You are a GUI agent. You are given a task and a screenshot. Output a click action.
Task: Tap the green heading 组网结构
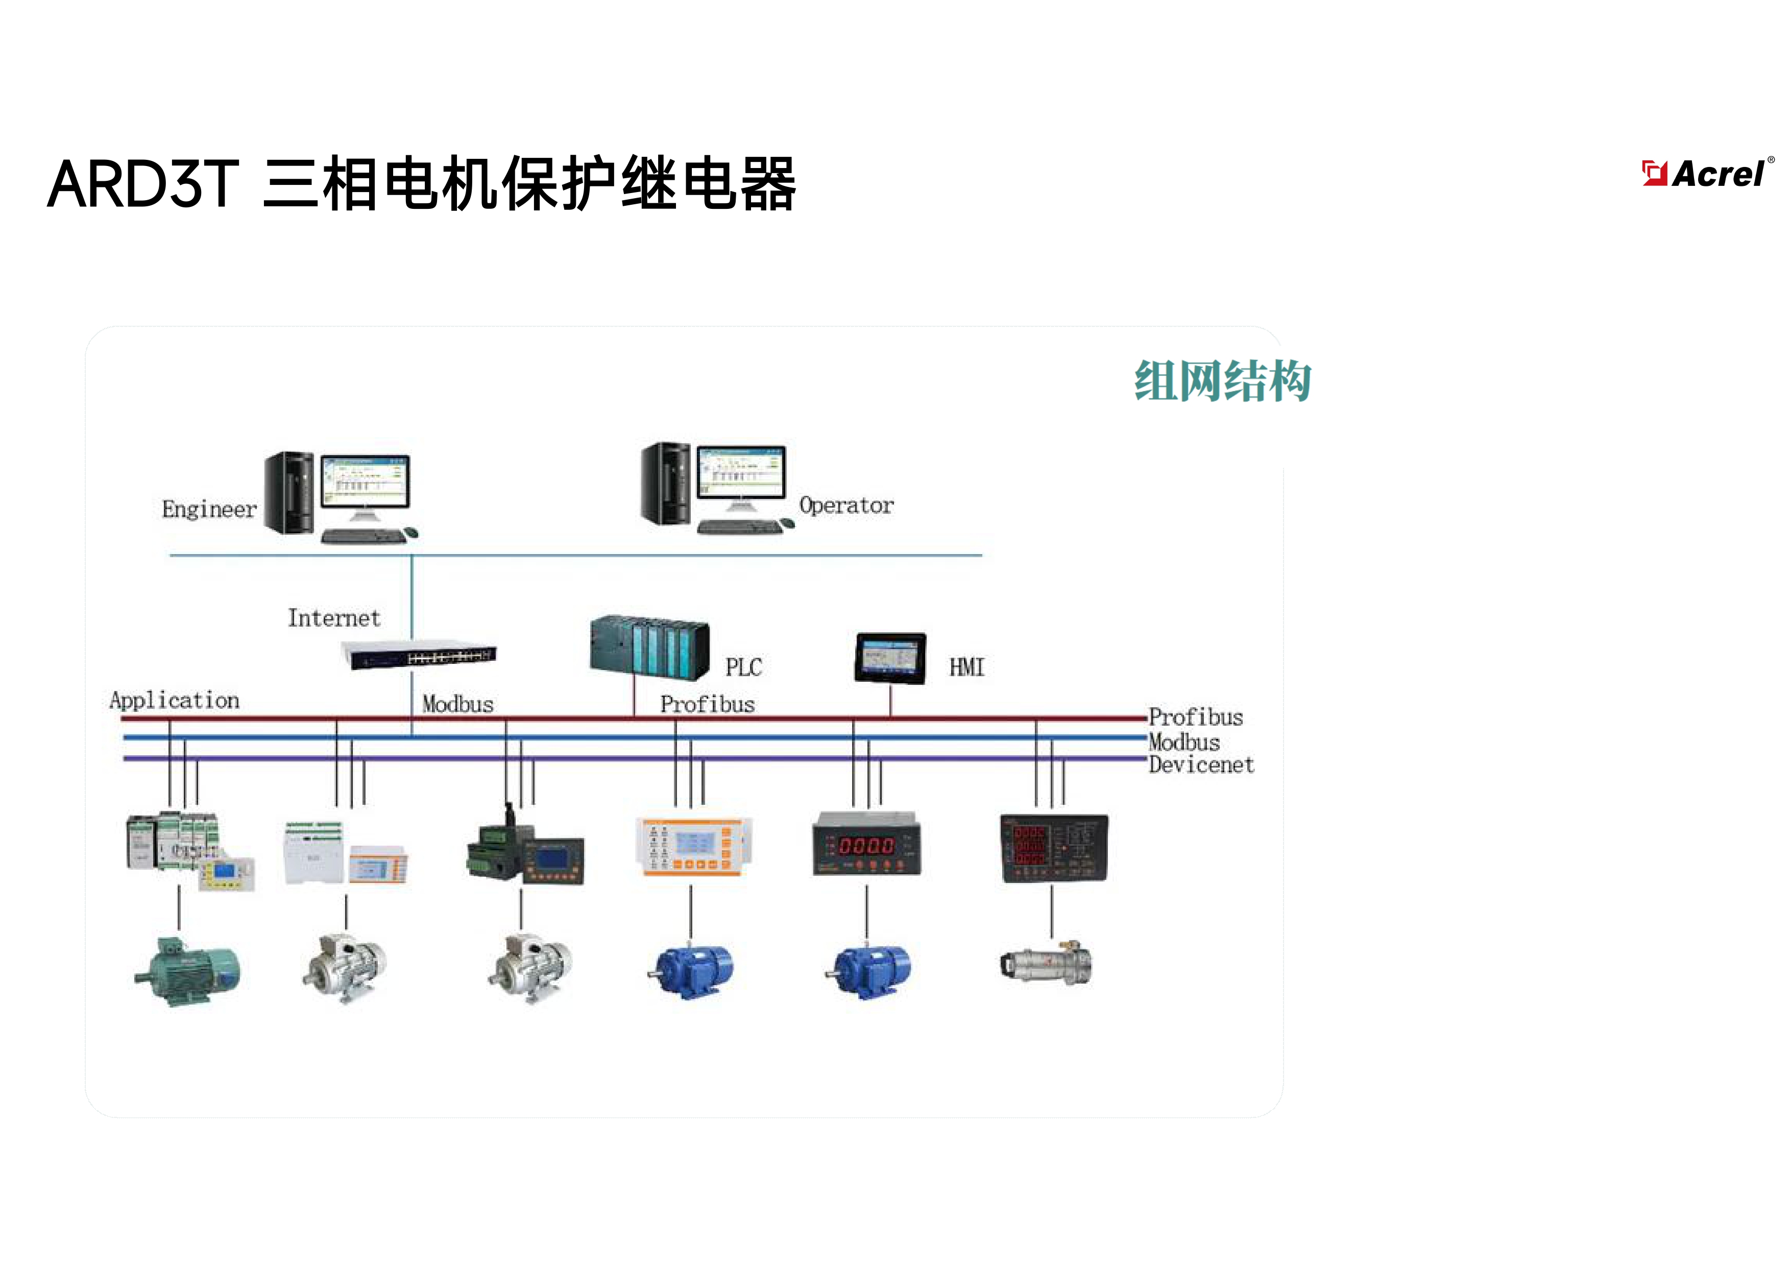(1222, 381)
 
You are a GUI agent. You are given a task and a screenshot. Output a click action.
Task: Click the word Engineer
(209, 510)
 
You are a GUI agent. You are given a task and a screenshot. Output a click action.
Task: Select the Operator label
(846, 506)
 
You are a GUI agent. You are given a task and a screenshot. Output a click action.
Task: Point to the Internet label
(334, 618)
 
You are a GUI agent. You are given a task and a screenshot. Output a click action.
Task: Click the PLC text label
(743, 667)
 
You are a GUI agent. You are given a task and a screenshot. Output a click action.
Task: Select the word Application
(175, 701)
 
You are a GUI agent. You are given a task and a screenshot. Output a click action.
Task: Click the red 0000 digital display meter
(866, 844)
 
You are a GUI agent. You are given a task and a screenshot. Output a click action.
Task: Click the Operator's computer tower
(665, 484)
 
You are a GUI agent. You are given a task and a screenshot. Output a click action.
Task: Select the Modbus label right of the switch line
(458, 705)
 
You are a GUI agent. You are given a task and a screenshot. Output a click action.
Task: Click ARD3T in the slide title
(143, 184)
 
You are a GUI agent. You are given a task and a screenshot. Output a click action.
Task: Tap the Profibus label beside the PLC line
(708, 705)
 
